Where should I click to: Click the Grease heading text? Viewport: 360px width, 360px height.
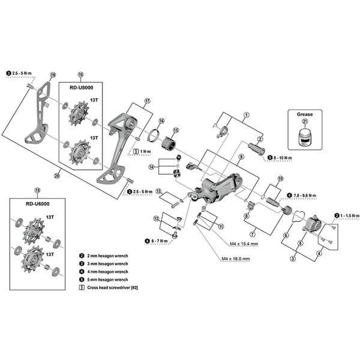point(305,113)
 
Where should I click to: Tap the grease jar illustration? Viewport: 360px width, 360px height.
point(305,137)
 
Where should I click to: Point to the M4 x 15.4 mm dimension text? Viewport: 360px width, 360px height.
point(241,244)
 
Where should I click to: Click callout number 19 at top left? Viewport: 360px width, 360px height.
point(53,75)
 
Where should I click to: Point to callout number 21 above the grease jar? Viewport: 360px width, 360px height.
point(305,122)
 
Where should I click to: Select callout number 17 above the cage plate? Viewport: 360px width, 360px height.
point(146,100)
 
